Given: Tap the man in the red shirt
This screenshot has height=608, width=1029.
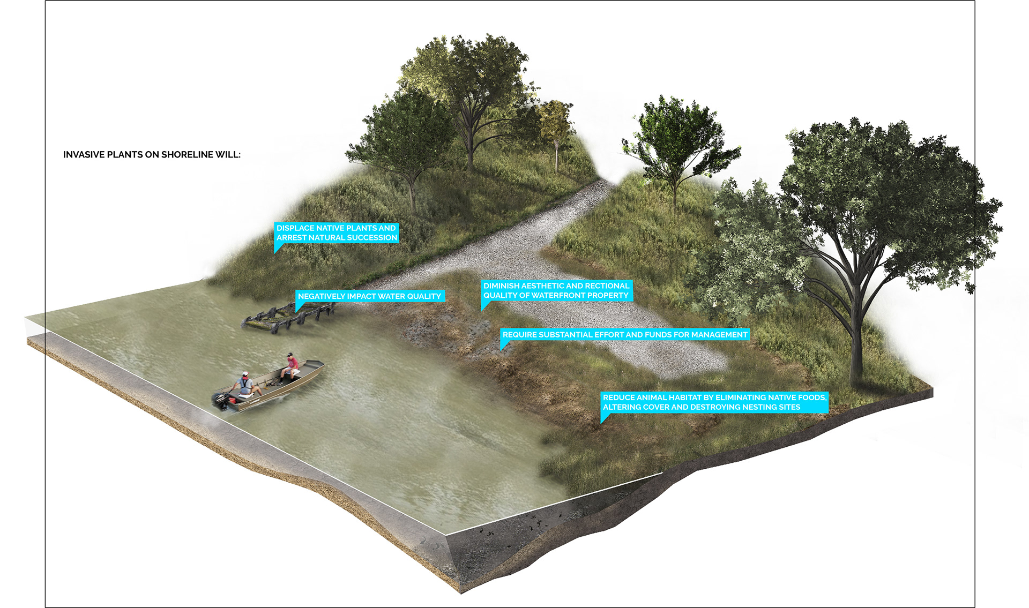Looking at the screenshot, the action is (x=291, y=366).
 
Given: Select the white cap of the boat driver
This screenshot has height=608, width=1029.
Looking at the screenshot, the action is (x=245, y=373).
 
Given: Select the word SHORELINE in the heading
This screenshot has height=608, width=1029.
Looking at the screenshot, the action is (x=187, y=155).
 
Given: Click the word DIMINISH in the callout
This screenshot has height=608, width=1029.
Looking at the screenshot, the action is (x=501, y=286).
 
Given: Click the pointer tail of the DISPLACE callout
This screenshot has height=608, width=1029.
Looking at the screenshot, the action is (x=277, y=249).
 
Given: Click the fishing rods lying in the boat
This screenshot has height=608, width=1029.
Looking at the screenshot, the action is (x=273, y=382).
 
